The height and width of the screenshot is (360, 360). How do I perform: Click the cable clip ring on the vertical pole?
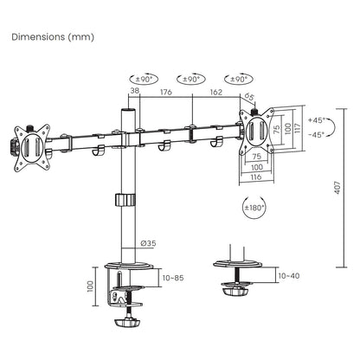127,201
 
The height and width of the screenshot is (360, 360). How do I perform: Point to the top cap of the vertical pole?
128,112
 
